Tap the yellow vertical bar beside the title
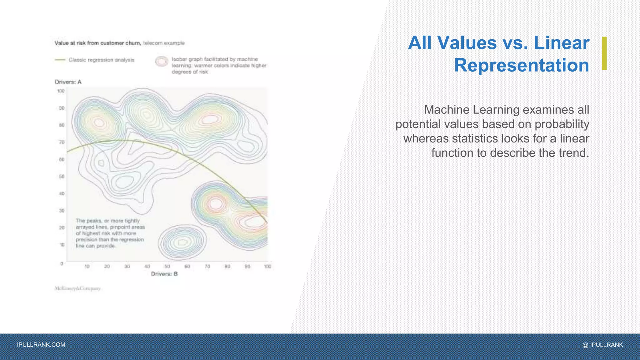pyautogui.click(x=604, y=53)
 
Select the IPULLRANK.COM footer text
pyautogui.click(x=41, y=345)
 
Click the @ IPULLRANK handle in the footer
pyautogui.click(x=602, y=345)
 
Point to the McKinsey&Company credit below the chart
pyautogui.click(x=77, y=288)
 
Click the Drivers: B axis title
pyautogui.click(x=164, y=274)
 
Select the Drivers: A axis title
pyautogui.click(x=68, y=82)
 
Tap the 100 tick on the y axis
pyautogui.click(x=61, y=91)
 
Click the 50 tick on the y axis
pyautogui.click(x=62, y=177)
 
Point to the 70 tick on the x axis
pyautogui.click(x=207, y=267)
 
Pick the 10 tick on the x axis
pyautogui.click(x=87, y=267)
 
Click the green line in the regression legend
pyautogui.click(x=60, y=60)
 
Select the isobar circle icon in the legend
pyautogui.click(x=162, y=61)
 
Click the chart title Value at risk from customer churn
pyautogui.click(x=97, y=43)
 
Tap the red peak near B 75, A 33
pyautogui.click(x=215, y=204)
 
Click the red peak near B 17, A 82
pyautogui.click(x=99, y=122)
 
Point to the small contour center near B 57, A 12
pyautogui.click(x=182, y=242)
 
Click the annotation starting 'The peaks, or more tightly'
pyautogui.click(x=110, y=233)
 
